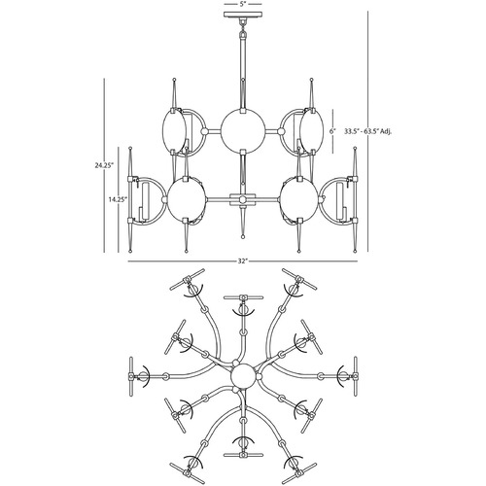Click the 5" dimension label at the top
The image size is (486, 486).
[243, 5]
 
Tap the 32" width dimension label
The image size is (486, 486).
[243, 260]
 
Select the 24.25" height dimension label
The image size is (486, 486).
[104, 165]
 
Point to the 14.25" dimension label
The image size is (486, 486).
[118, 199]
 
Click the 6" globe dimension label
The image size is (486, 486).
[331, 131]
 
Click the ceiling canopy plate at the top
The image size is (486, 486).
[243, 15]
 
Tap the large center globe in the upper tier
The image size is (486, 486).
[243, 131]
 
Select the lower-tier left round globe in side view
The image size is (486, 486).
[187, 199]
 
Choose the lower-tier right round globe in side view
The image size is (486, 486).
[299, 199]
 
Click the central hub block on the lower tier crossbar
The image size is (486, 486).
[243, 199]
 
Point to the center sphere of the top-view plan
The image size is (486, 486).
[243, 376]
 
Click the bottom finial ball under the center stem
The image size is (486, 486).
[243, 237]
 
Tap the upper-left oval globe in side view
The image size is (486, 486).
[174, 131]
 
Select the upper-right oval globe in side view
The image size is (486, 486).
[311, 131]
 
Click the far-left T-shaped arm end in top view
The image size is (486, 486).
[131, 376]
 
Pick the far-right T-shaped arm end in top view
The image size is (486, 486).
[356, 376]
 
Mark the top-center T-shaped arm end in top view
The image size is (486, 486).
[243, 297]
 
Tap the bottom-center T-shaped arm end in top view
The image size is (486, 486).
[243, 455]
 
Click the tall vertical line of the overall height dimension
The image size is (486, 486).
[368, 131]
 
